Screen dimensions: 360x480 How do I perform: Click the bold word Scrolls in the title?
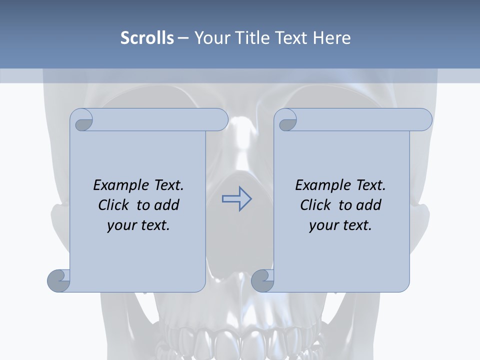tap(147, 37)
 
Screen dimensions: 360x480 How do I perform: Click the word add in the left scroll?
tap(167, 205)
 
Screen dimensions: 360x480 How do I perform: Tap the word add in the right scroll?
tap(369, 205)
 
